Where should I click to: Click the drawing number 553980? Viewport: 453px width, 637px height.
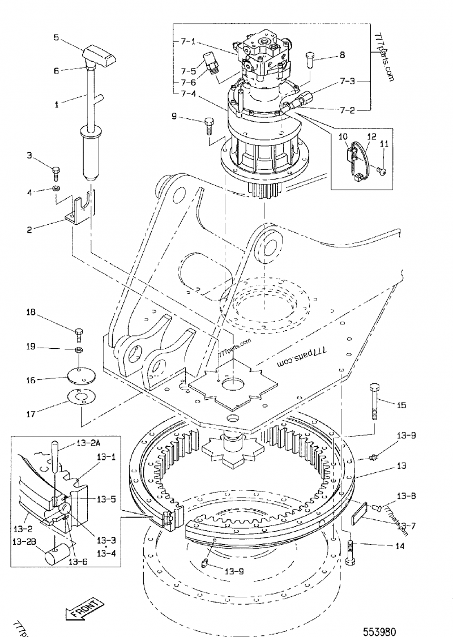click(x=380, y=616)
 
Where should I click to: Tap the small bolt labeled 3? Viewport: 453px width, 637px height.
click(x=55, y=170)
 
